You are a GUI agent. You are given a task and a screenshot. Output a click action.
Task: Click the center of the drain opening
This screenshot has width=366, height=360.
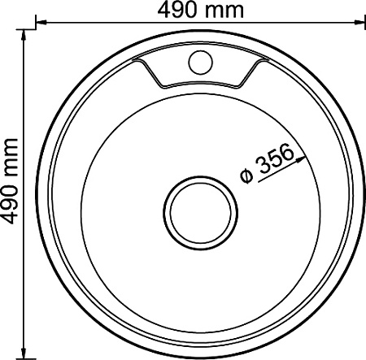coord(201,213)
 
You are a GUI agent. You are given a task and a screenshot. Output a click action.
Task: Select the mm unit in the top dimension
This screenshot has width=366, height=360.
coord(224,12)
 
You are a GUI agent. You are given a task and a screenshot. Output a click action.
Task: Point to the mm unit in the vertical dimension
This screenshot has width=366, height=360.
coord(11,158)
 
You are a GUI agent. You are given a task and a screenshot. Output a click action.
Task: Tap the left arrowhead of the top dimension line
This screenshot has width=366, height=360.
coord(41,23)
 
